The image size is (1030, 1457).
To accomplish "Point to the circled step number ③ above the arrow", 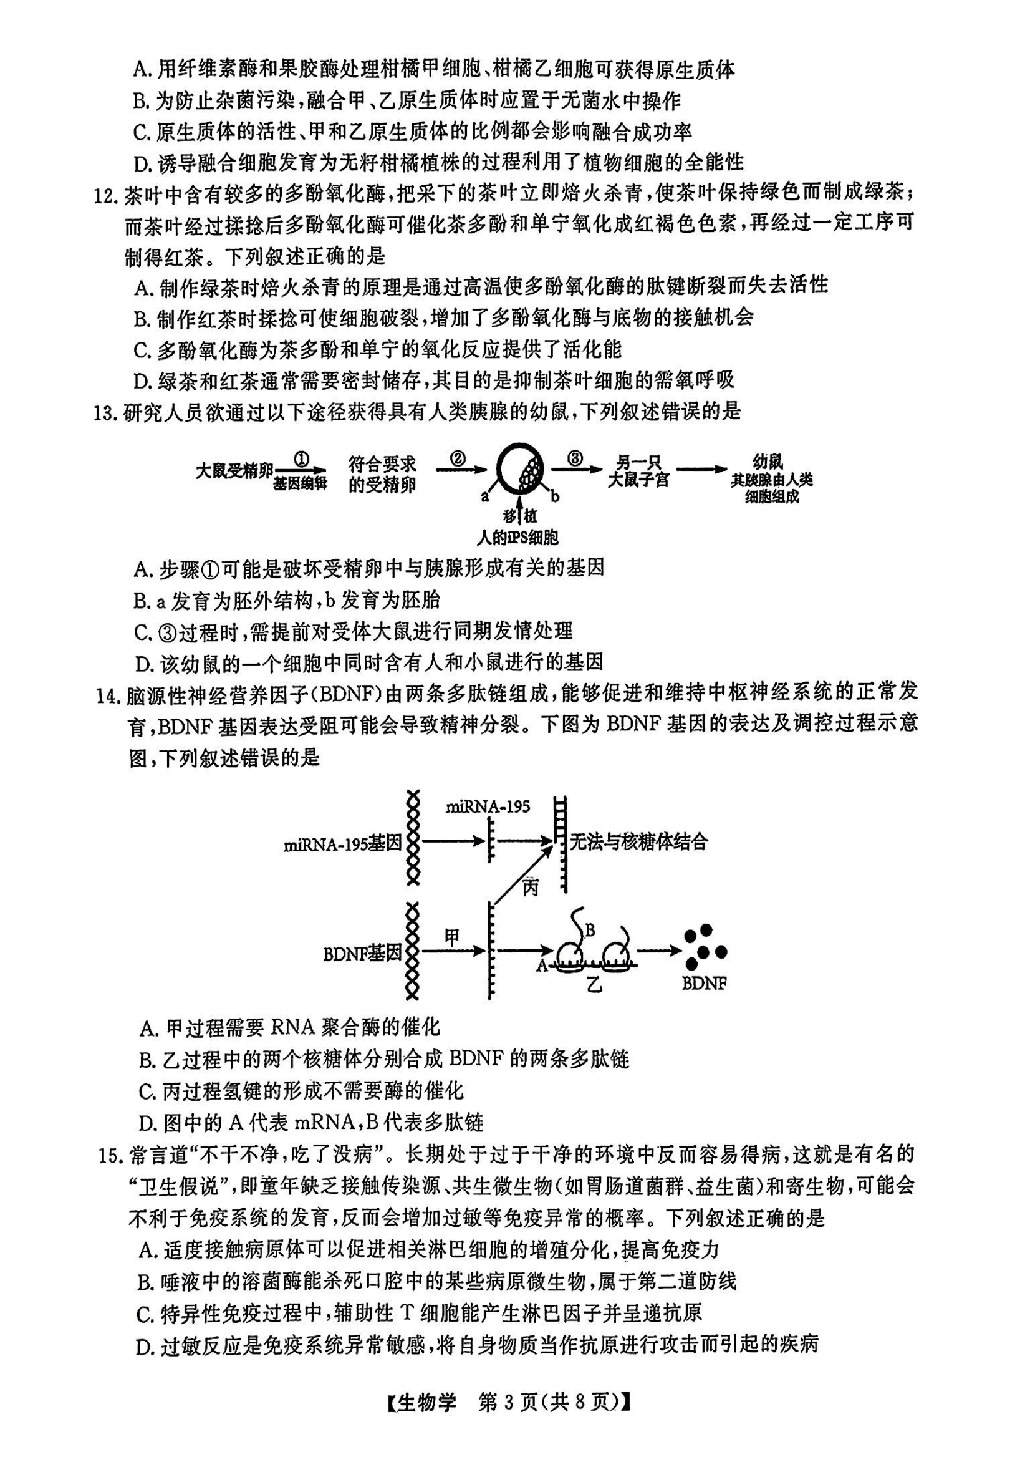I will (575, 458).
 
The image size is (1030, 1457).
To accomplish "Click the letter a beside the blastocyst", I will (484, 496).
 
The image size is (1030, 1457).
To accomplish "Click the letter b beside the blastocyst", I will (555, 496).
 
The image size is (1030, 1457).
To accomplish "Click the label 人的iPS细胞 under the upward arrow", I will (517, 538).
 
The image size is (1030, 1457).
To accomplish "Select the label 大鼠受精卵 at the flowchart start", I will (234, 471).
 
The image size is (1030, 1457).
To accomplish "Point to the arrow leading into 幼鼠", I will (701, 470).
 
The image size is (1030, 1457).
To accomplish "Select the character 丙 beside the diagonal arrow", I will (529, 887).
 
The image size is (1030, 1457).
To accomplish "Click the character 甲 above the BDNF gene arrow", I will (451, 937).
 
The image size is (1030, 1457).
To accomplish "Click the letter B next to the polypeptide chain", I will (589, 931).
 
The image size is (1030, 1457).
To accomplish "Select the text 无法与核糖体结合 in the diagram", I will (638, 841).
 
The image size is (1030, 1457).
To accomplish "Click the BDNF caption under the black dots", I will (704, 984).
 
